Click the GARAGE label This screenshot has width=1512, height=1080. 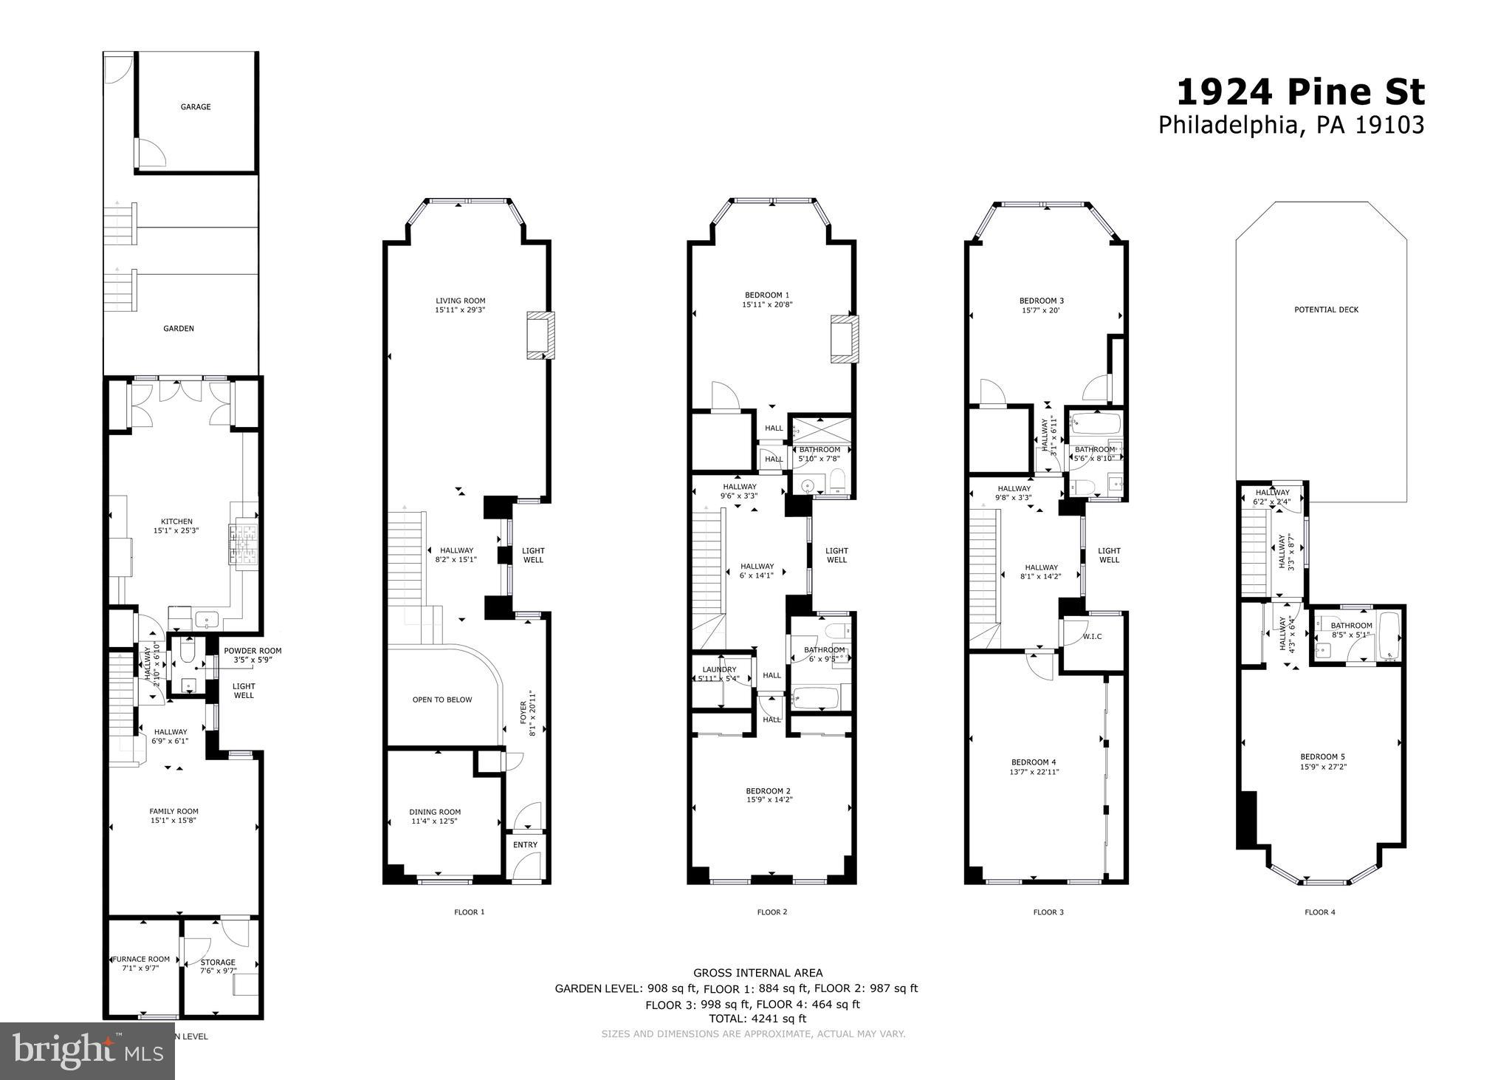point(196,107)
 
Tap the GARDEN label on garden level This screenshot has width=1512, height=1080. point(179,329)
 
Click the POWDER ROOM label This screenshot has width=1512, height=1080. point(252,651)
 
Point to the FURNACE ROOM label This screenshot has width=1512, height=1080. point(141,959)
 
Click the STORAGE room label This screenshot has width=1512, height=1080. point(219,963)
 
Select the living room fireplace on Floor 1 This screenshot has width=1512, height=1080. point(540,335)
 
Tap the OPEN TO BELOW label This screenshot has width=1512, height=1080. point(442,700)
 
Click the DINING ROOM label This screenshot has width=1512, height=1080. point(435,812)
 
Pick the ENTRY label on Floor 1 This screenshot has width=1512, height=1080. point(526,845)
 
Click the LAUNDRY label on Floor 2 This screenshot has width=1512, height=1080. point(719,669)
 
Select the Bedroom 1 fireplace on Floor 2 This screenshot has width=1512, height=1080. point(844,338)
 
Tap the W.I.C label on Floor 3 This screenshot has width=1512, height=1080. point(1092,637)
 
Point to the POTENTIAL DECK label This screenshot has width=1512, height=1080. point(1326,310)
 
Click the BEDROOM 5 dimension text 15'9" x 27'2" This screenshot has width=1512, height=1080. point(1322,767)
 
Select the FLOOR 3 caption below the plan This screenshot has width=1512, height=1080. point(1048,912)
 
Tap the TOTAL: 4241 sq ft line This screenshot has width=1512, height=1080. point(757,1019)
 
